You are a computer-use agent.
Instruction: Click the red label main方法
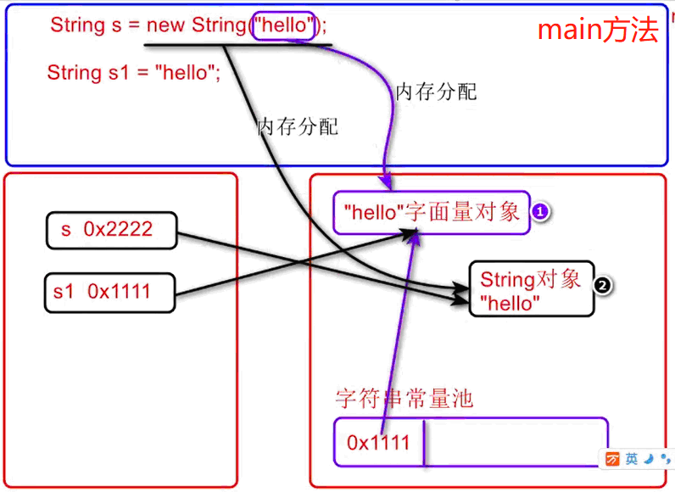[598, 31]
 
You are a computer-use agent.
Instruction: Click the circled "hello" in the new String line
[283, 25]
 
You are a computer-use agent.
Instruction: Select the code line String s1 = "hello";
[134, 73]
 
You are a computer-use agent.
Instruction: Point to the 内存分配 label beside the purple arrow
[436, 92]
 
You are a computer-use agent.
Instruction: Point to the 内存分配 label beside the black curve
[297, 127]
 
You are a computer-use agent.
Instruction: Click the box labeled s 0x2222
[111, 229]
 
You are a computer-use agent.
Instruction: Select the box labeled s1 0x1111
[109, 292]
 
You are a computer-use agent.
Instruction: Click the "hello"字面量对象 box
[432, 211]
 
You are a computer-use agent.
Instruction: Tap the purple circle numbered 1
[540, 213]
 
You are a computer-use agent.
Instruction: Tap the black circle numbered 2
[603, 286]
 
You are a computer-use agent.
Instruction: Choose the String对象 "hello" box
[531, 290]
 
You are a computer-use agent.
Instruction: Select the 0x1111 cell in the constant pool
[378, 441]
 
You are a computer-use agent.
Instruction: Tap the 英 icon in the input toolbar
[632, 459]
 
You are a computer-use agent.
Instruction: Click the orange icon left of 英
[612, 459]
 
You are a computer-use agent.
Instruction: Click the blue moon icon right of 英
[649, 459]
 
